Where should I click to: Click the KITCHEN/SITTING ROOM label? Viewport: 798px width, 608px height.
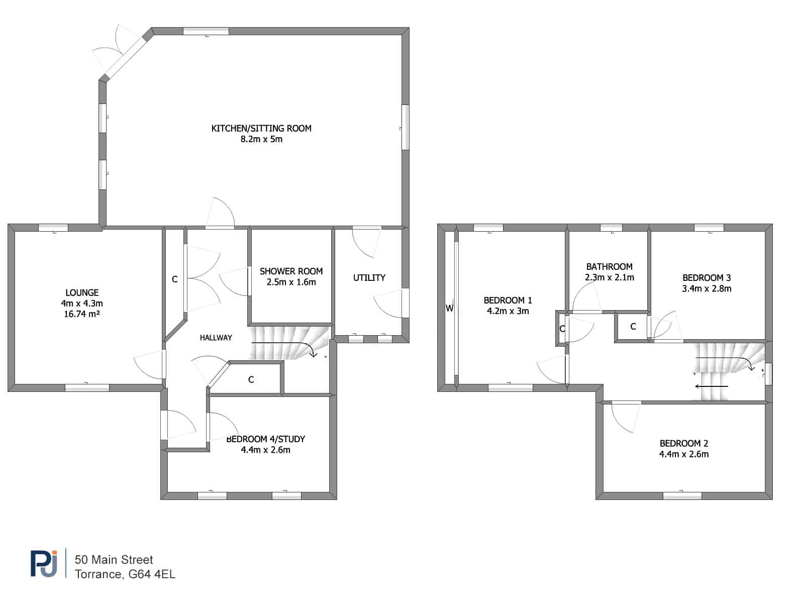coord(261,128)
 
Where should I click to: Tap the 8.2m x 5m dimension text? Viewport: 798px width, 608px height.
coord(261,139)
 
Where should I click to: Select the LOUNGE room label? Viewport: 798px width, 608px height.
coord(82,292)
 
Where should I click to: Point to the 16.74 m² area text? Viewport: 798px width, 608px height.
coord(82,314)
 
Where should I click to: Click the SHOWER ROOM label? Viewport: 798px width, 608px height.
coord(291,271)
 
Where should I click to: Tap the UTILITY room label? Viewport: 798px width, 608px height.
coord(369,278)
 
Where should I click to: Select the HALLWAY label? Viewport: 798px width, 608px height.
coord(216,338)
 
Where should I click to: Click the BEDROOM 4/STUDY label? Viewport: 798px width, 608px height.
coord(265,439)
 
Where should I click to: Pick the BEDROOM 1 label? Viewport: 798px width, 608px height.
coord(508,300)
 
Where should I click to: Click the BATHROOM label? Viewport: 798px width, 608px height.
coord(610,266)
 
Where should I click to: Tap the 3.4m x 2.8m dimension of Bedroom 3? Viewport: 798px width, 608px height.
coord(707,288)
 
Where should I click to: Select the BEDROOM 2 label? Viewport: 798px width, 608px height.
coord(684,443)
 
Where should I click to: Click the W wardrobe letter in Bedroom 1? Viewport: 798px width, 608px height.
coord(449,308)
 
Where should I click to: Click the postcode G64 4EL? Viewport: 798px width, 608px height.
coord(152,574)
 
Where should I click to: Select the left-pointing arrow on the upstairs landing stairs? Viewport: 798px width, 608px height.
coord(712,386)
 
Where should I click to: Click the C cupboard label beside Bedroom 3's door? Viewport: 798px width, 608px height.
coord(633,326)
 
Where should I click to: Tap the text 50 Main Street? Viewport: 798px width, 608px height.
coord(114,560)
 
